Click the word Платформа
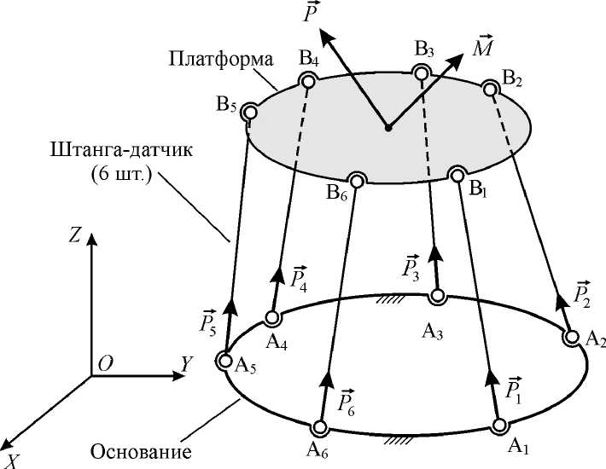(x=220, y=60)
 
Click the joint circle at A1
(x=499, y=424)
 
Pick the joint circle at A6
(x=320, y=427)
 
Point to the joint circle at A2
(x=570, y=338)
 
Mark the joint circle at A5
(x=225, y=362)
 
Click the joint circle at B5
(x=249, y=112)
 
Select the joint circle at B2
(x=490, y=88)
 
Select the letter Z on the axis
(x=75, y=236)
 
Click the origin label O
(x=106, y=363)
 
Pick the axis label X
(x=11, y=460)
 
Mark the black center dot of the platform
(x=388, y=128)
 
